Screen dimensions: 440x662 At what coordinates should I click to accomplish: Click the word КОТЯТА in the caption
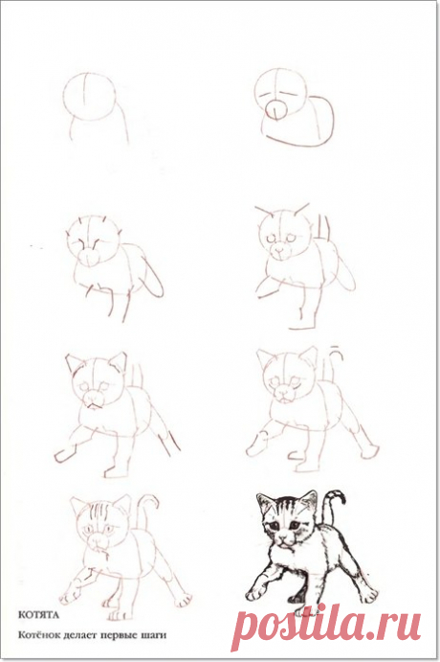[x=38, y=615]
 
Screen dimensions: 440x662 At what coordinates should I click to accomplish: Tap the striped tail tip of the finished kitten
[x=337, y=494]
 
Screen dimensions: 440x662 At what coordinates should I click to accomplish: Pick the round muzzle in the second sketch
[x=275, y=110]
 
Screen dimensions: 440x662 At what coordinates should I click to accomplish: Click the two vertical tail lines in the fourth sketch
[x=323, y=228]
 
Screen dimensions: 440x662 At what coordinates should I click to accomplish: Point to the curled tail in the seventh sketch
[x=145, y=507]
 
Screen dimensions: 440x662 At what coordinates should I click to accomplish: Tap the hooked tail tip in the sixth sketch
[x=337, y=352]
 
